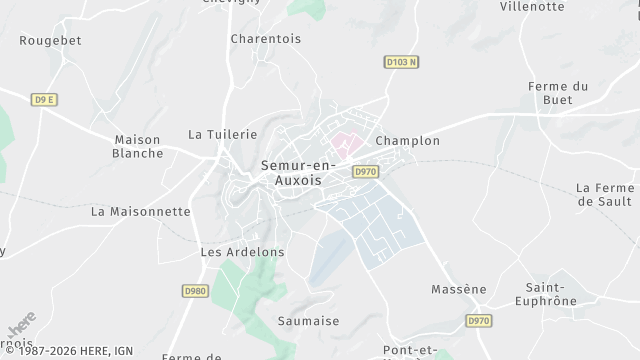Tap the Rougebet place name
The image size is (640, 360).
[50, 41]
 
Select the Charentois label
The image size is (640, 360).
[267, 39]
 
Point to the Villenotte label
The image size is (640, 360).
[531, 6]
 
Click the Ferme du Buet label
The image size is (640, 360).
[557, 93]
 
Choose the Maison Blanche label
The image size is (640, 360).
[138, 146]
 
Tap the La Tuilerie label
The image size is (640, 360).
[223, 134]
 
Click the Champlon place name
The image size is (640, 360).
[407, 141]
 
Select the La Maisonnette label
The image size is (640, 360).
[140, 212]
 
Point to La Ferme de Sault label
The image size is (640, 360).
[606, 194]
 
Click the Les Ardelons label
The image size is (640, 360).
[243, 252]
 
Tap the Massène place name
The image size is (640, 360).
[458, 290]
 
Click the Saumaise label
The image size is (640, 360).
[307, 321]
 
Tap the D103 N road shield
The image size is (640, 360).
[400, 62]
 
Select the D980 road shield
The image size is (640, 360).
[195, 291]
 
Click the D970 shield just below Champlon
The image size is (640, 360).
[366, 172]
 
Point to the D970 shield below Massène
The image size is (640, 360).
[479, 321]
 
